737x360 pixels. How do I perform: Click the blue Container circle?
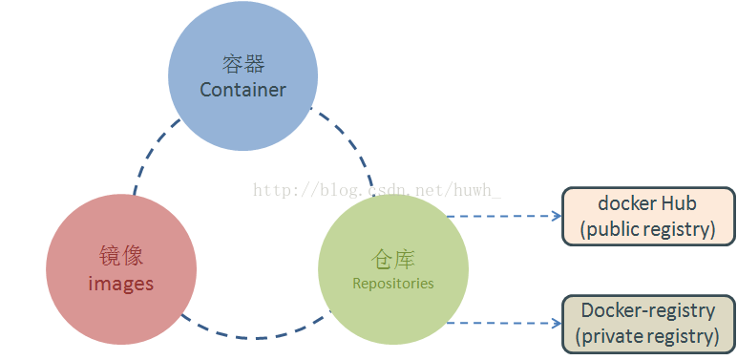(242, 76)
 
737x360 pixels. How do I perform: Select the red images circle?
(121, 270)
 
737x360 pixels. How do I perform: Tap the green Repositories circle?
(392, 269)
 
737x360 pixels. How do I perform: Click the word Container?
(242, 90)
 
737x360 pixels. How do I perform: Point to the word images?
(121, 284)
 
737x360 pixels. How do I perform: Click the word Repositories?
(392, 283)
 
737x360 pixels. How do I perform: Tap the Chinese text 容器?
(242, 64)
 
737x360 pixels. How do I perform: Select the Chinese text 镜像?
(121, 256)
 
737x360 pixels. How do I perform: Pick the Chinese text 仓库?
(392, 259)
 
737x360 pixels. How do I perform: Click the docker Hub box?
(647, 216)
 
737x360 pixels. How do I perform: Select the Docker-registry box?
(647, 323)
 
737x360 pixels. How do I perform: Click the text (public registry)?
(647, 229)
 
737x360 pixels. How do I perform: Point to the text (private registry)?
(647, 336)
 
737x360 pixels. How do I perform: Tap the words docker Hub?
(647, 203)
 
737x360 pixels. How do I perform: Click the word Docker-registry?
(647, 310)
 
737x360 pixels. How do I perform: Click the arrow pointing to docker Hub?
(506, 216)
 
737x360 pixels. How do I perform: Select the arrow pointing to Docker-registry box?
(506, 323)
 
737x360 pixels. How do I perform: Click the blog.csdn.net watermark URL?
(377, 190)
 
